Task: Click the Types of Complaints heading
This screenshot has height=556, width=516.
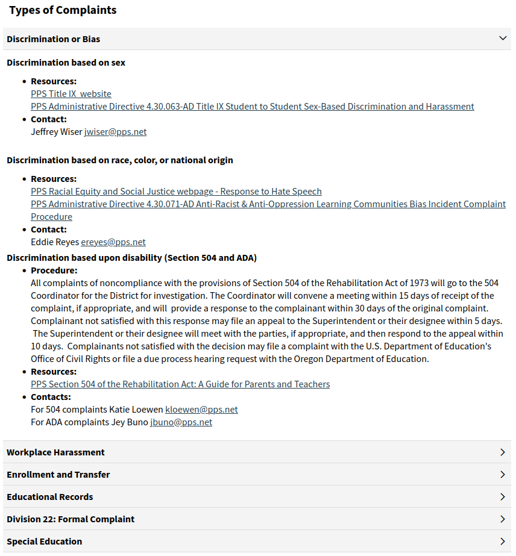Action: pyautogui.click(x=63, y=10)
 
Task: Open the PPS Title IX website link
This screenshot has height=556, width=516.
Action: pyautogui.click(x=71, y=94)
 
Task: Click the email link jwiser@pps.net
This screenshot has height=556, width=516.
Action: pyautogui.click(x=115, y=132)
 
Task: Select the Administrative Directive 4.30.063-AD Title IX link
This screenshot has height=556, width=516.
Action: pyautogui.click(x=253, y=107)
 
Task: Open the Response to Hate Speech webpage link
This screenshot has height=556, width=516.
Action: pyautogui.click(x=176, y=192)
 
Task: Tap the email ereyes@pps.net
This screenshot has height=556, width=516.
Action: pyautogui.click(x=113, y=242)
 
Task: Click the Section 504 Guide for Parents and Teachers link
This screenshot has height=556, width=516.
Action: pyautogui.click(x=180, y=384)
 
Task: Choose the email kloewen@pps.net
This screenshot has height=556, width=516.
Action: pyautogui.click(x=201, y=410)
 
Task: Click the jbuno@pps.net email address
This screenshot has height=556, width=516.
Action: pyautogui.click(x=181, y=422)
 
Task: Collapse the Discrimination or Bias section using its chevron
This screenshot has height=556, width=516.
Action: pyautogui.click(x=503, y=39)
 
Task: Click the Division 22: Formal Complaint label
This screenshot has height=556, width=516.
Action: pyautogui.click(x=71, y=519)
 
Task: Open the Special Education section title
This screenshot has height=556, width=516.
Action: pyautogui.click(x=45, y=542)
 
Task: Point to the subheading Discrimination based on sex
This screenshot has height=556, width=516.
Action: pyautogui.click(x=66, y=63)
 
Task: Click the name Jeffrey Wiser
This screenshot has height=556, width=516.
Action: pyautogui.click(x=57, y=132)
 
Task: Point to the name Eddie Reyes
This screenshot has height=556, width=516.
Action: pyautogui.click(x=55, y=242)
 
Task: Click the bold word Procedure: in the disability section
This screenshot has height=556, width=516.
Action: pyautogui.click(x=54, y=270)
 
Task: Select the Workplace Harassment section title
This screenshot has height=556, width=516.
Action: pyautogui.click(x=55, y=452)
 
